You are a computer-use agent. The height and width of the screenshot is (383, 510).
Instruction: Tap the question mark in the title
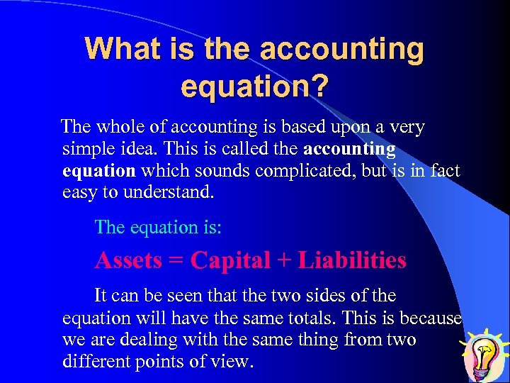(319, 87)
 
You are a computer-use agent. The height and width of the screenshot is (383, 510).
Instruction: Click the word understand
(170, 192)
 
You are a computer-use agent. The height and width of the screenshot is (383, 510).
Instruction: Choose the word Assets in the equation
(128, 260)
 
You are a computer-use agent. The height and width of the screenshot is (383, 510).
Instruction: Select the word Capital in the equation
(230, 260)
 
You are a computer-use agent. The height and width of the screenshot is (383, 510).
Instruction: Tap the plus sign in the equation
(284, 261)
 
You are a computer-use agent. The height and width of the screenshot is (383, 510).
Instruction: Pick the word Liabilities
(352, 260)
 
